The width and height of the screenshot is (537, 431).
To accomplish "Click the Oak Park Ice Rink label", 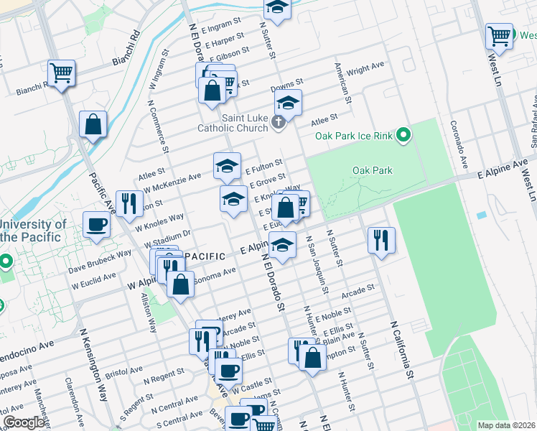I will [x=353, y=136].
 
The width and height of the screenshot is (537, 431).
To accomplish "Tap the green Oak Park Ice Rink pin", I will [x=403, y=134].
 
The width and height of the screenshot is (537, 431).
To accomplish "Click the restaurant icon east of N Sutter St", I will [x=381, y=239].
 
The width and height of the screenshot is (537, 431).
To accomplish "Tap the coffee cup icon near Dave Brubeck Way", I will [x=96, y=225].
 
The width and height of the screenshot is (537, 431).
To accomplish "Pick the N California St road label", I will [x=403, y=350].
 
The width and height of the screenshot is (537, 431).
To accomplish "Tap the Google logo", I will [x=24, y=422].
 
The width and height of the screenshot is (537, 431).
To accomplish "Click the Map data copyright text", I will [x=505, y=425].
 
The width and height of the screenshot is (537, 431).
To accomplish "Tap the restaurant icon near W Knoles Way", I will [x=129, y=204].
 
